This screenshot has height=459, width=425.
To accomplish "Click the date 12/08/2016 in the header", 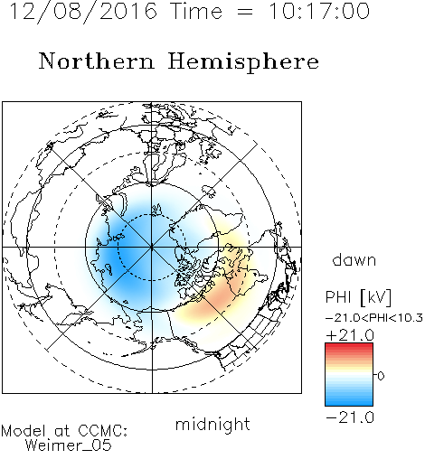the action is (x=83, y=12).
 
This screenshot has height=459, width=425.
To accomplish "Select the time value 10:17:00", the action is (x=319, y=11).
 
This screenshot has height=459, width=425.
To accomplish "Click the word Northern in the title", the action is (x=97, y=61).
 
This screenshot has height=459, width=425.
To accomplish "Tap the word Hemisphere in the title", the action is (x=243, y=61).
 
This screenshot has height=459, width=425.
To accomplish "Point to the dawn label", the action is (x=354, y=259).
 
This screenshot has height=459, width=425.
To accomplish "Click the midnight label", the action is (x=212, y=425).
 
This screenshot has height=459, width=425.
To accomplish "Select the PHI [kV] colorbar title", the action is (x=358, y=297).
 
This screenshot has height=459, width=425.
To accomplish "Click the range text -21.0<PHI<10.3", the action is (x=374, y=318).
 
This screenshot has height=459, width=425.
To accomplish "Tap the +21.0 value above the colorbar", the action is (x=350, y=335).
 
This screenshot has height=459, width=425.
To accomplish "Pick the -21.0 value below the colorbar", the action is (x=350, y=417).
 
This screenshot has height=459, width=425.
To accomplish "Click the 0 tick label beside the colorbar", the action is (x=381, y=376).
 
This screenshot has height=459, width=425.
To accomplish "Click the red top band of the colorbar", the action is (x=349, y=346).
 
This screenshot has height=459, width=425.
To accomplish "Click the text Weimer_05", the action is (x=69, y=445).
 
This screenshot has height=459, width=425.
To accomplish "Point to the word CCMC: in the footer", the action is (x=102, y=431).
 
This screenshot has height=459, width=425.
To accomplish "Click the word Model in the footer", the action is (x=24, y=431).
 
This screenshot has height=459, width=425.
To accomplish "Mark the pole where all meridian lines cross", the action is (x=152, y=247).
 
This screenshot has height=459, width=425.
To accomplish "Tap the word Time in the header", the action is (x=196, y=12).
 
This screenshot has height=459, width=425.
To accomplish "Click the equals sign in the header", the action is (x=245, y=12).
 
